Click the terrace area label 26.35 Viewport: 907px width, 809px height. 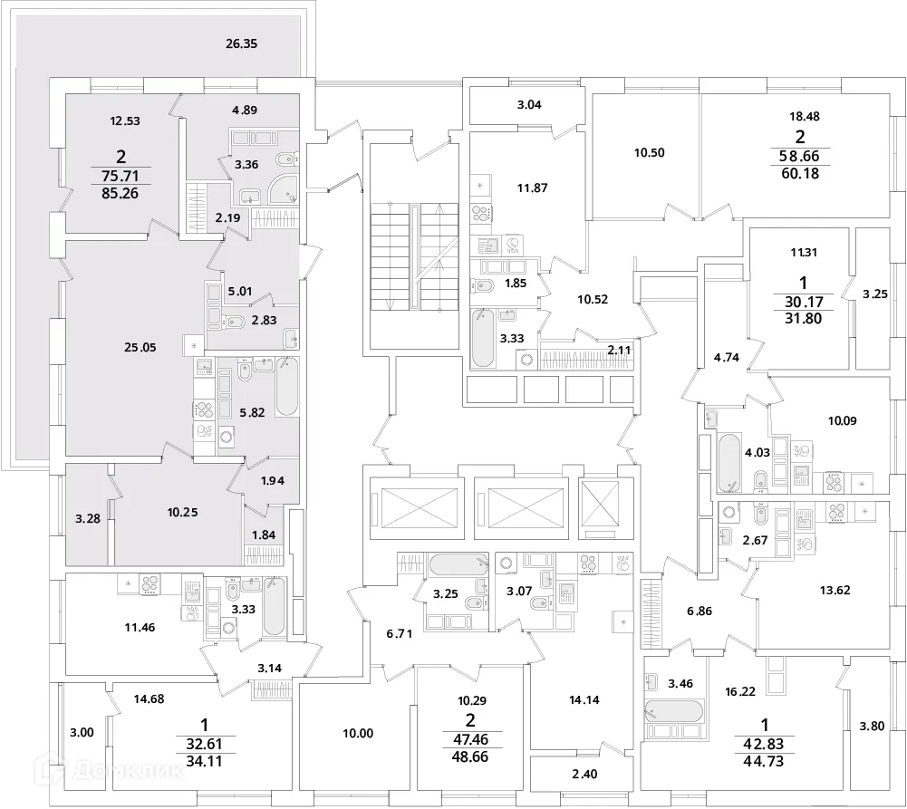coord(241,43)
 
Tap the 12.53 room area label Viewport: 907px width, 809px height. coord(125,120)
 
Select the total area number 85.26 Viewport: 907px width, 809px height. coord(121,193)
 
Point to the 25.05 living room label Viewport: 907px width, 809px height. coord(140,348)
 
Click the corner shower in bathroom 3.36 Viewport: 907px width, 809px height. coord(285,188)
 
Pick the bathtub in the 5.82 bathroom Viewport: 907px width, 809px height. coord(287,386)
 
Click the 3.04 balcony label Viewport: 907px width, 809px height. coord(528,105)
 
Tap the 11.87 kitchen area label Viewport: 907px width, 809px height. coord(532,188)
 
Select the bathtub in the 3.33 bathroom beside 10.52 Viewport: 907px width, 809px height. coord(482,338)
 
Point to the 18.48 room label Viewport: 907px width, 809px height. coord(805,116)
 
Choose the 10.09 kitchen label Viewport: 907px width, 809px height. coord(843,420)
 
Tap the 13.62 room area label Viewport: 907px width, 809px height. coord(835,591)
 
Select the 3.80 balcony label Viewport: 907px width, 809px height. coord(872,726)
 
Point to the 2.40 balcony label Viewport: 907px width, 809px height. coord(584,774)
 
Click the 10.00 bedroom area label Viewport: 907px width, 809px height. coord(358,733)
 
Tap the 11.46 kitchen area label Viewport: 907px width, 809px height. coord(140,627)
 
